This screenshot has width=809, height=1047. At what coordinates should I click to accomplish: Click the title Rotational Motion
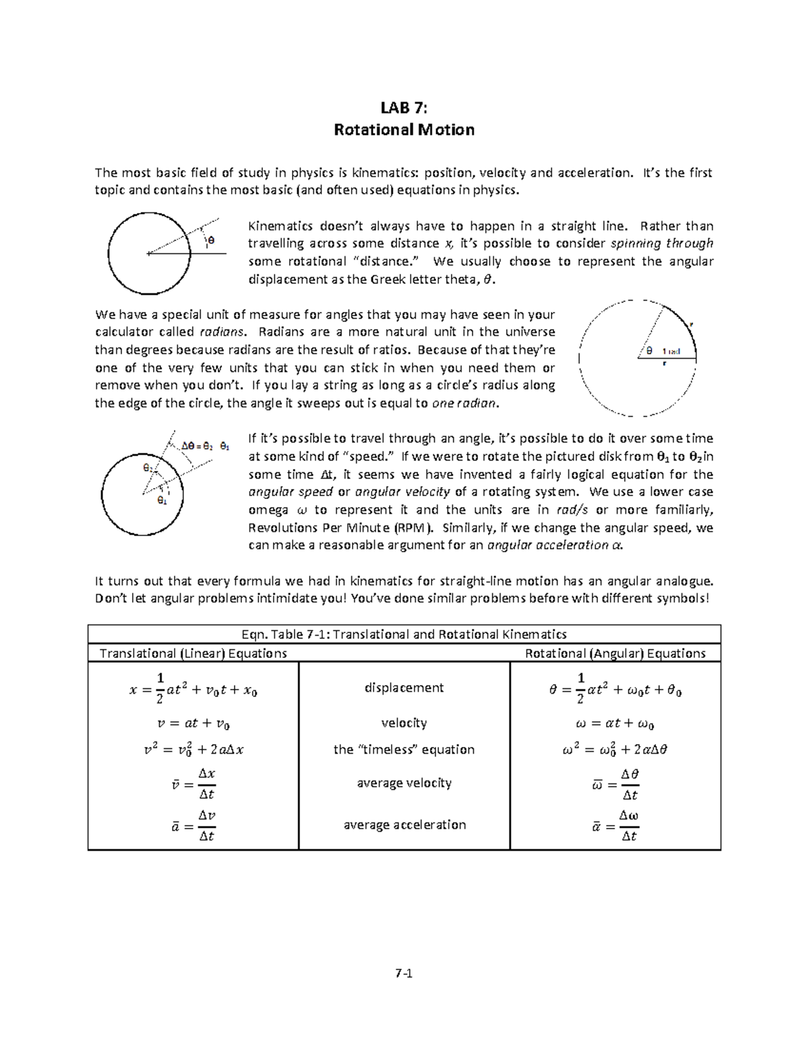coord(404,129)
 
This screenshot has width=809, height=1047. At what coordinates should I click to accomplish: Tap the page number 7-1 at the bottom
coord(404,973)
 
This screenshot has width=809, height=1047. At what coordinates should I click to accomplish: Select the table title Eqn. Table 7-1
coord(404,634)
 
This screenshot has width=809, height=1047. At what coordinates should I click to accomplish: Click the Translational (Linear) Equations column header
coord(193,653)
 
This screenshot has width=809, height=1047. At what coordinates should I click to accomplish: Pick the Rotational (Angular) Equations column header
coord(615,653)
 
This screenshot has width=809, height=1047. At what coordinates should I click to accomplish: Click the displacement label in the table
coord(404,688)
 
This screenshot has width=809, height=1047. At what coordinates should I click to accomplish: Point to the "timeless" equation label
coord(404,750)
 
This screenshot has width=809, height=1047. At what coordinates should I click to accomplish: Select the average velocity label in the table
coord(404,783)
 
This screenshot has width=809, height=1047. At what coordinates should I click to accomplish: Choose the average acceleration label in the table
coord(404,825)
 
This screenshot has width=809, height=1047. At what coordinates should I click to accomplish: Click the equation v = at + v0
coord(193,724)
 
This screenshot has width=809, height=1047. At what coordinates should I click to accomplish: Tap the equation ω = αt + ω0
coord(615,724)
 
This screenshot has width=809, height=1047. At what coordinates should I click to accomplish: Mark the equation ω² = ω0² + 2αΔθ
coord(615,750)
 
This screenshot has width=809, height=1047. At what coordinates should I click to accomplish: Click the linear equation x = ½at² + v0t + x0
coord(193,689)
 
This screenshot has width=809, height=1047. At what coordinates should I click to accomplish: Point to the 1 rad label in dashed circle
coord(671,351)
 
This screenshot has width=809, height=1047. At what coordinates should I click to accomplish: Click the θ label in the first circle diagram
coord(210,240)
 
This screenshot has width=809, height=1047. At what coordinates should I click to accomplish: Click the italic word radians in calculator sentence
coord(223,332)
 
